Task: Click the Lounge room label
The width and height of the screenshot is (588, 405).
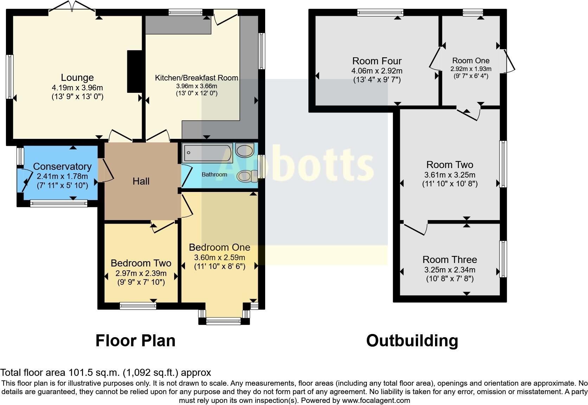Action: [77, 78]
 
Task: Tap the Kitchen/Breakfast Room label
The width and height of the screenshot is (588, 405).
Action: [196, 78]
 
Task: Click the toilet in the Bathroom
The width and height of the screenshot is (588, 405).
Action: [247, 176]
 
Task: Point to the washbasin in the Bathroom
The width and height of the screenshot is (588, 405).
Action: [245, 150]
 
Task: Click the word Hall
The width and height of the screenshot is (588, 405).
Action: [141, 181]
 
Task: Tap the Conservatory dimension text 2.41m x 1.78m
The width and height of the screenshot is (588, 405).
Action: [62, 176]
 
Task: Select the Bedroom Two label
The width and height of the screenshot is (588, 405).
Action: [141, 263]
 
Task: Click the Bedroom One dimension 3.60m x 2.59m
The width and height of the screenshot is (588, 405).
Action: [219, 257]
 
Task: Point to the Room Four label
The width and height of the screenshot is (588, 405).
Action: [377, 61]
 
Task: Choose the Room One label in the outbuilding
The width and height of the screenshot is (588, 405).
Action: [471, 60]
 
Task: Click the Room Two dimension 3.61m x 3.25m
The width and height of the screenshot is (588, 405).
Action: [450, 175]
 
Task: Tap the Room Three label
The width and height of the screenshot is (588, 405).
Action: [450, 259]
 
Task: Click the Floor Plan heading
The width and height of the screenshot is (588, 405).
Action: [135, 341]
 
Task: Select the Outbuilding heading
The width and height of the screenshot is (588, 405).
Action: [412, 341]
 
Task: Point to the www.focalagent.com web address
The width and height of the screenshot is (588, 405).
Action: [376, 400]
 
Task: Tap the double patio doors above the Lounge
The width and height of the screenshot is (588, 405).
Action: [72, 7]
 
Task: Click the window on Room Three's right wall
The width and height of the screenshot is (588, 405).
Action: [503, 259]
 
